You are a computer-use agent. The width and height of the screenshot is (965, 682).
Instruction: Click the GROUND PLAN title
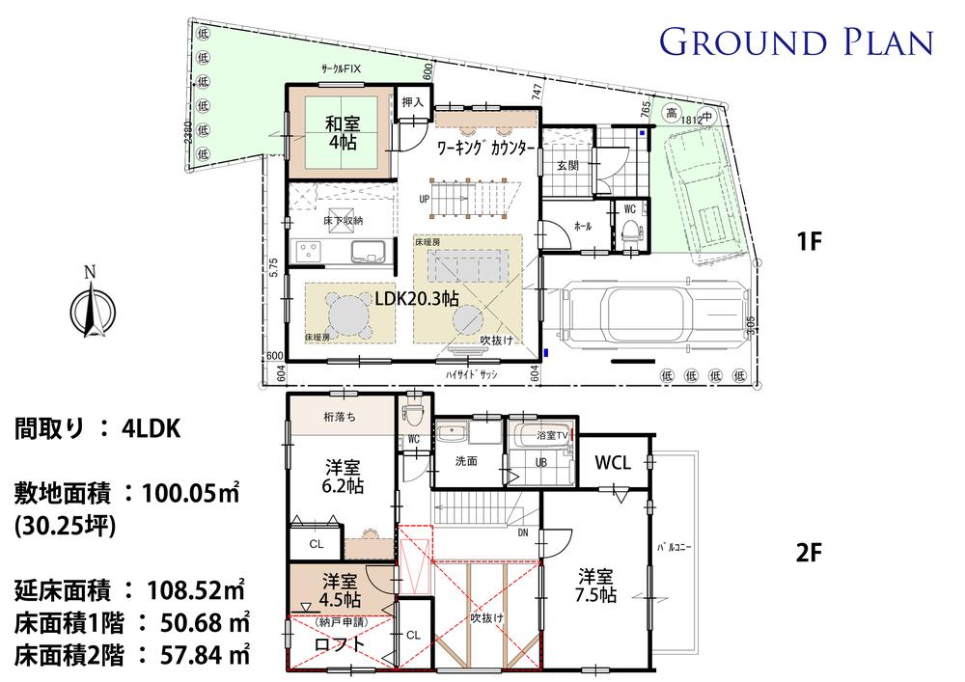(x=796, y=42)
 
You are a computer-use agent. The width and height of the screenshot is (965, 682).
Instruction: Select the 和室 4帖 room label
(x=343, y=133)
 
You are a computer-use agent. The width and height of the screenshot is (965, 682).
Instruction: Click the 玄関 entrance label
(x=566, y=166)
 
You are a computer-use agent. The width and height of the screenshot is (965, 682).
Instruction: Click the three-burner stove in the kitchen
(x=312, y=252)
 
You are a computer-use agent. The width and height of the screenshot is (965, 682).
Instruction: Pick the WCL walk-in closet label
(x=612, y=463)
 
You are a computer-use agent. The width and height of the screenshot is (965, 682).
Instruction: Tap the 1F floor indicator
(x=809, y=242)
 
